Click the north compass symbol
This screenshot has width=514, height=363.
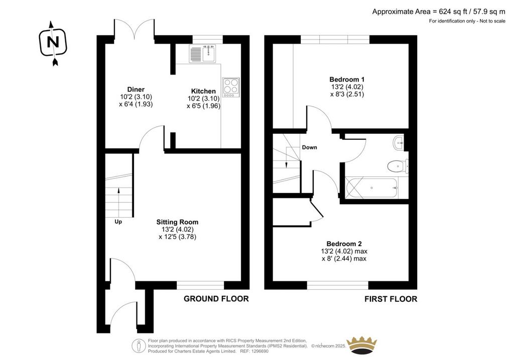click(x=53, y=43)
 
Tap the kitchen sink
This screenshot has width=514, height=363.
click(x=202, y=54)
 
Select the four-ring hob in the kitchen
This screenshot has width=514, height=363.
click(x=231, y=87)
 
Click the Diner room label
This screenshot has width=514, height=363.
click(x=136, y=89)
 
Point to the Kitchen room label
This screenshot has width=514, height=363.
click(x=203, y=91)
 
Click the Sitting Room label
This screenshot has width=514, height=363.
click(x=177, y=222)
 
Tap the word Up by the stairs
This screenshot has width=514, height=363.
click(x=118, y=222)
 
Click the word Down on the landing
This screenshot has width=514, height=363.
click(x=309, y=147)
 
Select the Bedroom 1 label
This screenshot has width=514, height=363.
click(x=347, y=79)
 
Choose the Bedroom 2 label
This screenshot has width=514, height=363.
click(x=344, y=244)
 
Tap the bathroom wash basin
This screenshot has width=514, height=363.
click(x=399, y=143)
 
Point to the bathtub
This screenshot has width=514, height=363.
click(x=372, y=188)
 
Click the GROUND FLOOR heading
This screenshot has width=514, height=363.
click(x=216, y=299)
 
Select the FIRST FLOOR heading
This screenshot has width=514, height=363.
click(x=391, y=299)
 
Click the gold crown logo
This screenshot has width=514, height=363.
click(x=362, y=345)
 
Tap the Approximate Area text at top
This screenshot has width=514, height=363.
click(x=439, y=12)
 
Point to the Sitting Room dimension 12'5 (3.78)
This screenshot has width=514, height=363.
click(x=177, y=237)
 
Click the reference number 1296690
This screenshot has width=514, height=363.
click(x=260, y=351)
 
